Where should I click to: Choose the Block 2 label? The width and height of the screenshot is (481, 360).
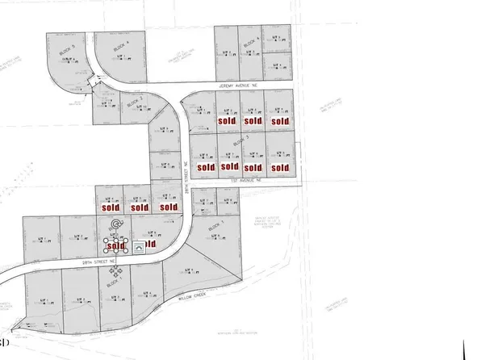pos(135,100)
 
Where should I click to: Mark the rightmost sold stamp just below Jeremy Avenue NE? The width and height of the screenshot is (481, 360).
pos(279,121)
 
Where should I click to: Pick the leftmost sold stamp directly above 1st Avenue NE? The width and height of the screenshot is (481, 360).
pos(205,168)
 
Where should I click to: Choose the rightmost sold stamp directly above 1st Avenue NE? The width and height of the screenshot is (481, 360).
pos(279,168)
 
